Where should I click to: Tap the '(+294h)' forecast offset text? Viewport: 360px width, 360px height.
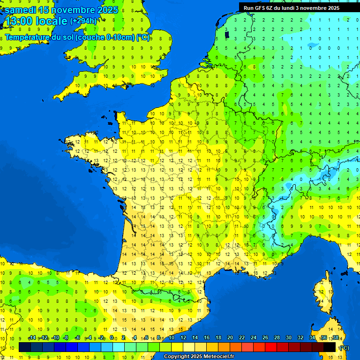[x=83, y=21]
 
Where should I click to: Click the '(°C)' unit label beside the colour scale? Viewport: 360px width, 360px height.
[x=344, y=347]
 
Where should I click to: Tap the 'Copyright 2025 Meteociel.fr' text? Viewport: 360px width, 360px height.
[x=199, y=357]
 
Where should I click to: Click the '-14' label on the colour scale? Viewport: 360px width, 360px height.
[x=32, y=338]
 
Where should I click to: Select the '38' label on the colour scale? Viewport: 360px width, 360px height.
[x=335, y=338]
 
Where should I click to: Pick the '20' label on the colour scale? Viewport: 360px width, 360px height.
[x=230, y=338]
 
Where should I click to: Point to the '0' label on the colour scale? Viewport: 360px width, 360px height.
[x=112, y=338]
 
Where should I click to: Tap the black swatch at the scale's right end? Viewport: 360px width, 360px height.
[x=330, y=347]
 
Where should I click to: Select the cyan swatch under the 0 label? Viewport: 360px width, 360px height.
[x=119, y=347]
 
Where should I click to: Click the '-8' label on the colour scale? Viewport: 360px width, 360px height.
[x=67, y=338]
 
